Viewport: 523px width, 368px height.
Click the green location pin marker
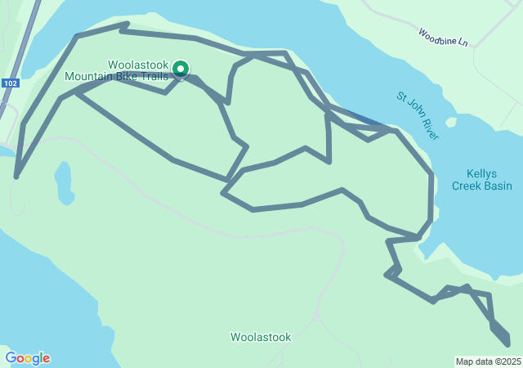180,70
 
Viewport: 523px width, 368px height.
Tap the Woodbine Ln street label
442,37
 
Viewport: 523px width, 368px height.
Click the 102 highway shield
10,83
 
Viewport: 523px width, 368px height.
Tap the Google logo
28,358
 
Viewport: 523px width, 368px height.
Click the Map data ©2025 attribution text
488,362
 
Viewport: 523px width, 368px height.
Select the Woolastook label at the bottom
258,337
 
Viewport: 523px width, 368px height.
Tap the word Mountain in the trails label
89,76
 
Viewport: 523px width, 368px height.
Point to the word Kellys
482,173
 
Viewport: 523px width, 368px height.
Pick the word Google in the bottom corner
28,358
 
